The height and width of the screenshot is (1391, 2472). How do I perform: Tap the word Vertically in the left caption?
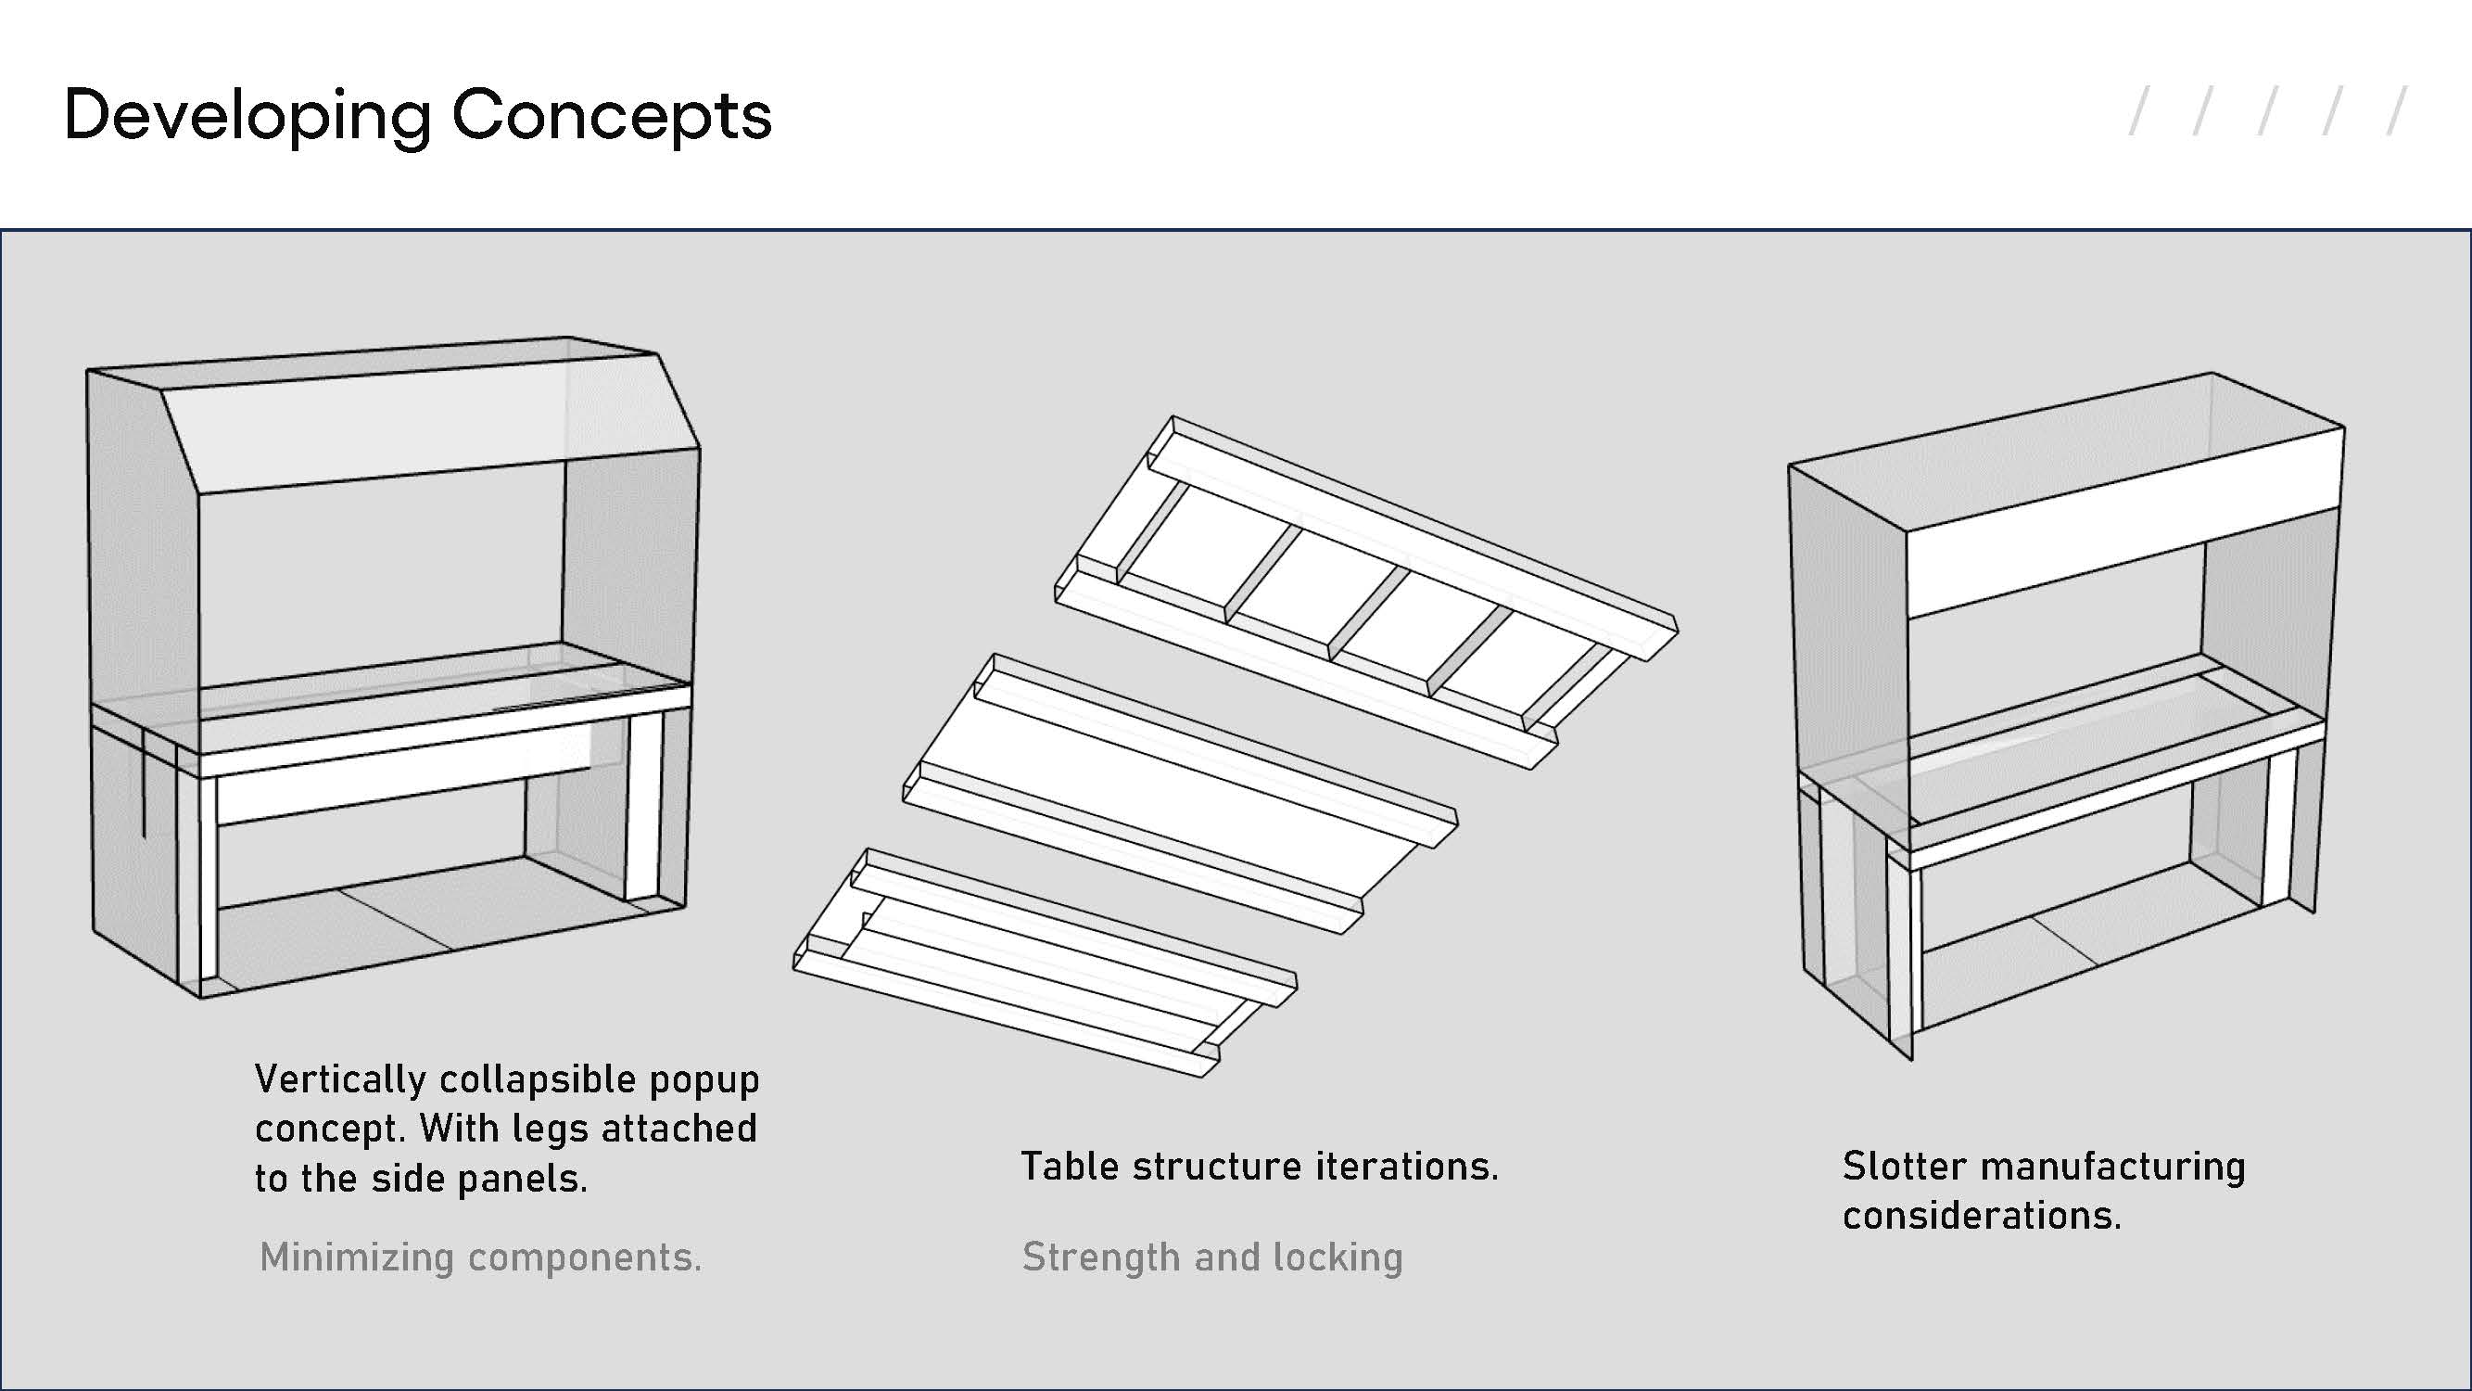[x=340, y=1080]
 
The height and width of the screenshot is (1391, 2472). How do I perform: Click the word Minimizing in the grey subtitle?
[x=356, y=1257]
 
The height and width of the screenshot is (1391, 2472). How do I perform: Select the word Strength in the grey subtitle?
[x=1099, y=1257]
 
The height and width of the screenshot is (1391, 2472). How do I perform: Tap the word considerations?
[x=1982, y=1217]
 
